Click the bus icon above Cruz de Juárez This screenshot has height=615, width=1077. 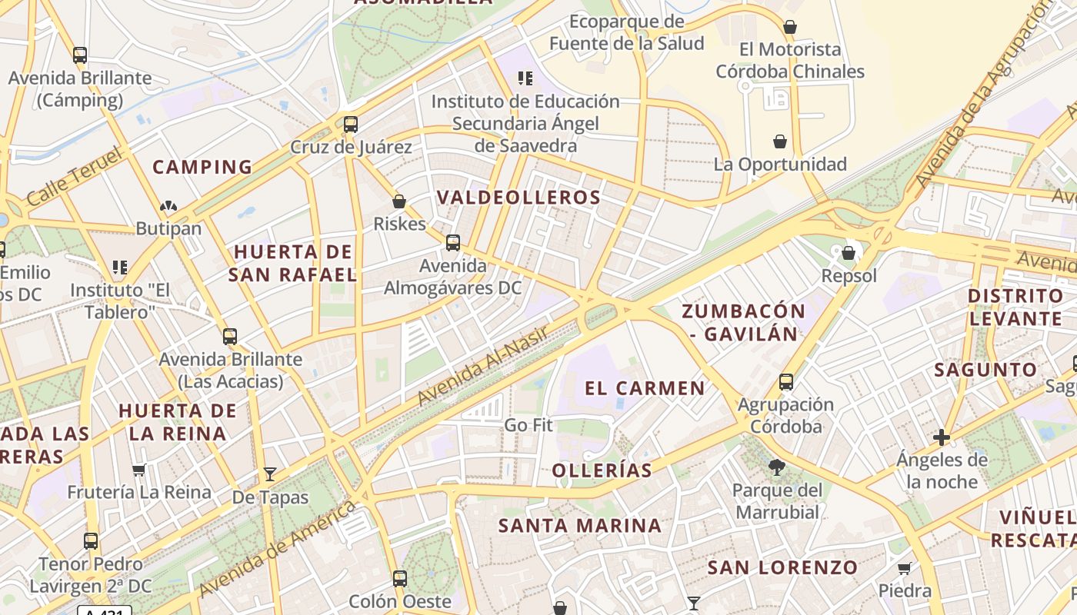[x=351, y=124]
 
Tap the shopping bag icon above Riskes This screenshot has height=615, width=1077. [x=399, y=201]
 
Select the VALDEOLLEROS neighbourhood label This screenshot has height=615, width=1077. [x=518, y=198]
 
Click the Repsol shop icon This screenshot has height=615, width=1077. [x=849, y=252]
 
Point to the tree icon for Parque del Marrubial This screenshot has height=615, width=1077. [x=777, y=467]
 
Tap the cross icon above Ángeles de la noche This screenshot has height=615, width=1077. [x=941, y=437]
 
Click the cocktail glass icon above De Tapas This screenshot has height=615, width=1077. [x=270, y=474]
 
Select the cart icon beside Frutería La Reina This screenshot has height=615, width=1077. [x=138, y=470]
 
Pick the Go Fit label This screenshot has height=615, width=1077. [x=528, y=425]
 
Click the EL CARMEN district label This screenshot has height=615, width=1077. [x=645, y=388]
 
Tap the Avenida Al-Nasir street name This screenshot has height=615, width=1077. [x=482, y=365]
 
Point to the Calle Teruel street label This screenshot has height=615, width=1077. [x=74, y=178]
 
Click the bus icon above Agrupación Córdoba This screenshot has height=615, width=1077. [x=785, y=381]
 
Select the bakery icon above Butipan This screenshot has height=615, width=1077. [x=168, y=206]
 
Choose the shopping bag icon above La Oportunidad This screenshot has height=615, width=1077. [x=780, y=141]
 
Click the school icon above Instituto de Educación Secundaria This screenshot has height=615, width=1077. [x=525, y=78]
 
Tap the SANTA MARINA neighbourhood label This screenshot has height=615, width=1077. [x=580, y=526]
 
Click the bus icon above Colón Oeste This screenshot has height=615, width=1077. [x=399, y=578]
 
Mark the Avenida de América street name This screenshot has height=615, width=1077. [x=278, y=549]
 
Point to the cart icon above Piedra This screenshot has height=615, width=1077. [x=905, y=568]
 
